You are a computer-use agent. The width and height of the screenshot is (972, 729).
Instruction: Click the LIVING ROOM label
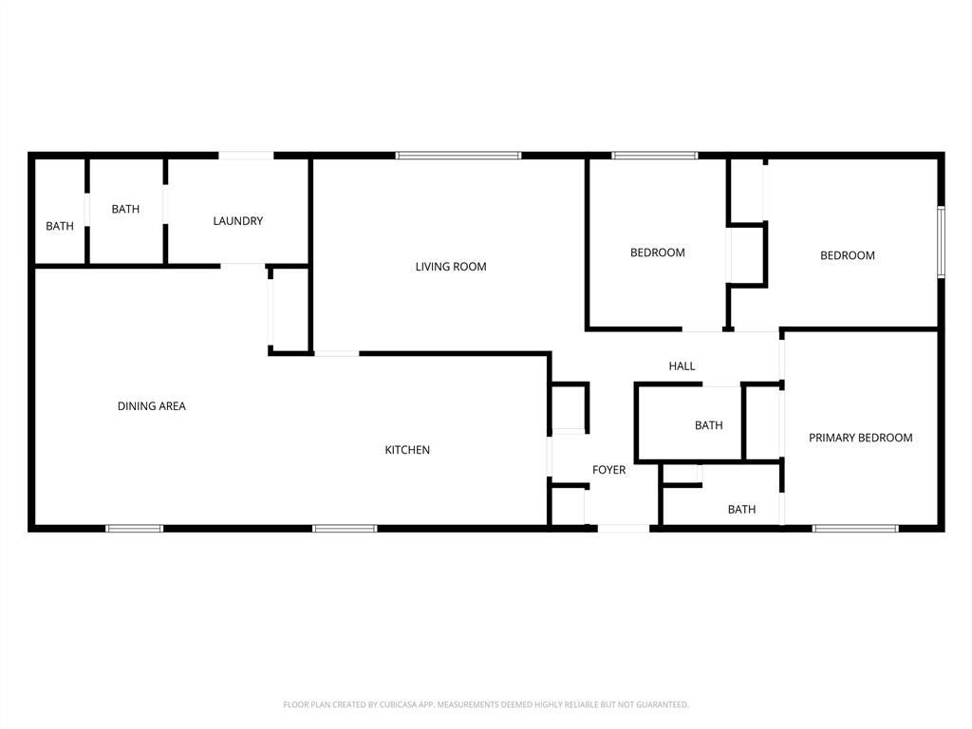451,267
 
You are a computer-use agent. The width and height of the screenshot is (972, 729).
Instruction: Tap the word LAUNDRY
238,220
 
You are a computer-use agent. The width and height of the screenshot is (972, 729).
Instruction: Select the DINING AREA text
152,406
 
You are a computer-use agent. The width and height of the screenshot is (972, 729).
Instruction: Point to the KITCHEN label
407,449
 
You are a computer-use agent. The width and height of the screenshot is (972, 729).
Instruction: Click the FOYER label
608,470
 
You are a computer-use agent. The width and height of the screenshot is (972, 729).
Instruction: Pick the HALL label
682,365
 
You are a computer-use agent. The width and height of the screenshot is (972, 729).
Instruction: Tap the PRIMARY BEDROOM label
860,438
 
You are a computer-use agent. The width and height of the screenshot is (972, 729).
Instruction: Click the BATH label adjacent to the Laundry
125,209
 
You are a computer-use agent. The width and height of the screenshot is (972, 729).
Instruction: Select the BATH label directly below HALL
708,425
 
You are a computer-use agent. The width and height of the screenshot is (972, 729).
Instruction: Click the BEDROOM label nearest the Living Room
657,252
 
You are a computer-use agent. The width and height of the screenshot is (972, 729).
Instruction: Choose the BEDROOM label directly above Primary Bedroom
848,255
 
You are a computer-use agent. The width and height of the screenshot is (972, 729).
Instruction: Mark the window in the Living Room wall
458,156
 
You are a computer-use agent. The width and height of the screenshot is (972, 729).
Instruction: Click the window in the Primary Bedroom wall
855,529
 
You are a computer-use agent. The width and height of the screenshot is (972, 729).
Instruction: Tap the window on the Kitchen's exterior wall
345,529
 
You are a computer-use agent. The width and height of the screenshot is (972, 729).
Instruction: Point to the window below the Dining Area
134,529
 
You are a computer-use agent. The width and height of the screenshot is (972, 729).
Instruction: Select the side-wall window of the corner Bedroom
941,242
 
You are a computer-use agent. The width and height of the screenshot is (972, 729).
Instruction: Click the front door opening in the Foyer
623,529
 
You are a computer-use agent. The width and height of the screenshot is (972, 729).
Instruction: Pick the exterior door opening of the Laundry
246,156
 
